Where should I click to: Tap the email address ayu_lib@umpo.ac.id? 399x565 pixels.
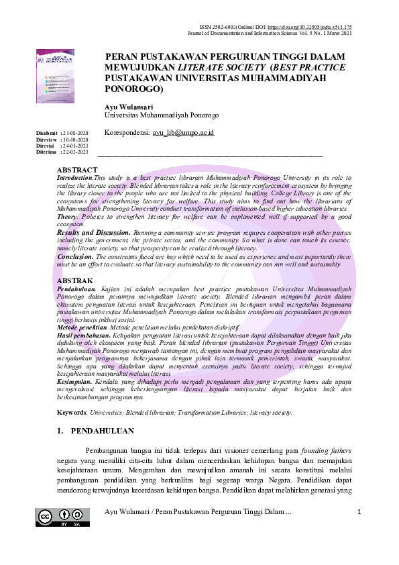tap(183, 134)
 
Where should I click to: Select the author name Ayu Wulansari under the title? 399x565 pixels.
tap(129, 107)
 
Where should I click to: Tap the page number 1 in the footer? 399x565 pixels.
tap(359, 513)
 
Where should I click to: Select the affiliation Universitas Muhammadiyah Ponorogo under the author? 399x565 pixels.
tap(152, 115)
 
